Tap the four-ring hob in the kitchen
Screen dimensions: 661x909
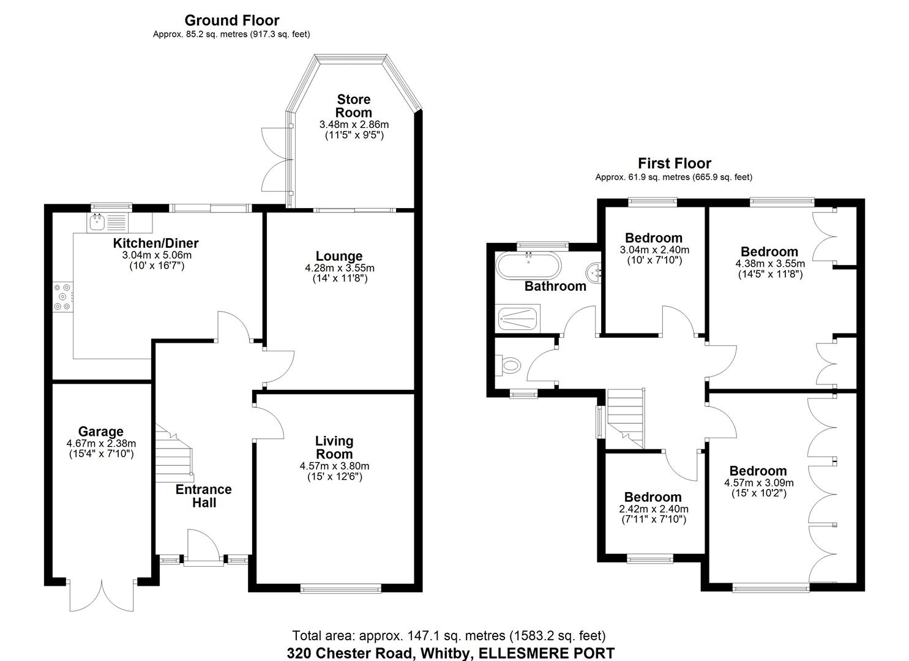(x=63, y=297)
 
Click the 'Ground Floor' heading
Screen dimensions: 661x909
(x=231, y=21)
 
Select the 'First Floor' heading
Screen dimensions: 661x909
(x=674, y=163)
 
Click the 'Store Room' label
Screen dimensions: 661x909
(x=354, y=106)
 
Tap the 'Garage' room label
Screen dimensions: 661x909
(x=101, y=431)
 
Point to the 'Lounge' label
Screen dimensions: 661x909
(x=339, y=256)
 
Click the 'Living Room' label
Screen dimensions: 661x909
(x=334, y=447)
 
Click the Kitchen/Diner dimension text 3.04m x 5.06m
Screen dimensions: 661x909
(x=156, y=255)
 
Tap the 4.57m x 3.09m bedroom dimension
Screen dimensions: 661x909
(x=758, y=482)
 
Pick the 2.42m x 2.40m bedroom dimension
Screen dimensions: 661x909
(x=654, y=509)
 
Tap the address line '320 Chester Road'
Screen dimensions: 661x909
(x=352, y=653)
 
